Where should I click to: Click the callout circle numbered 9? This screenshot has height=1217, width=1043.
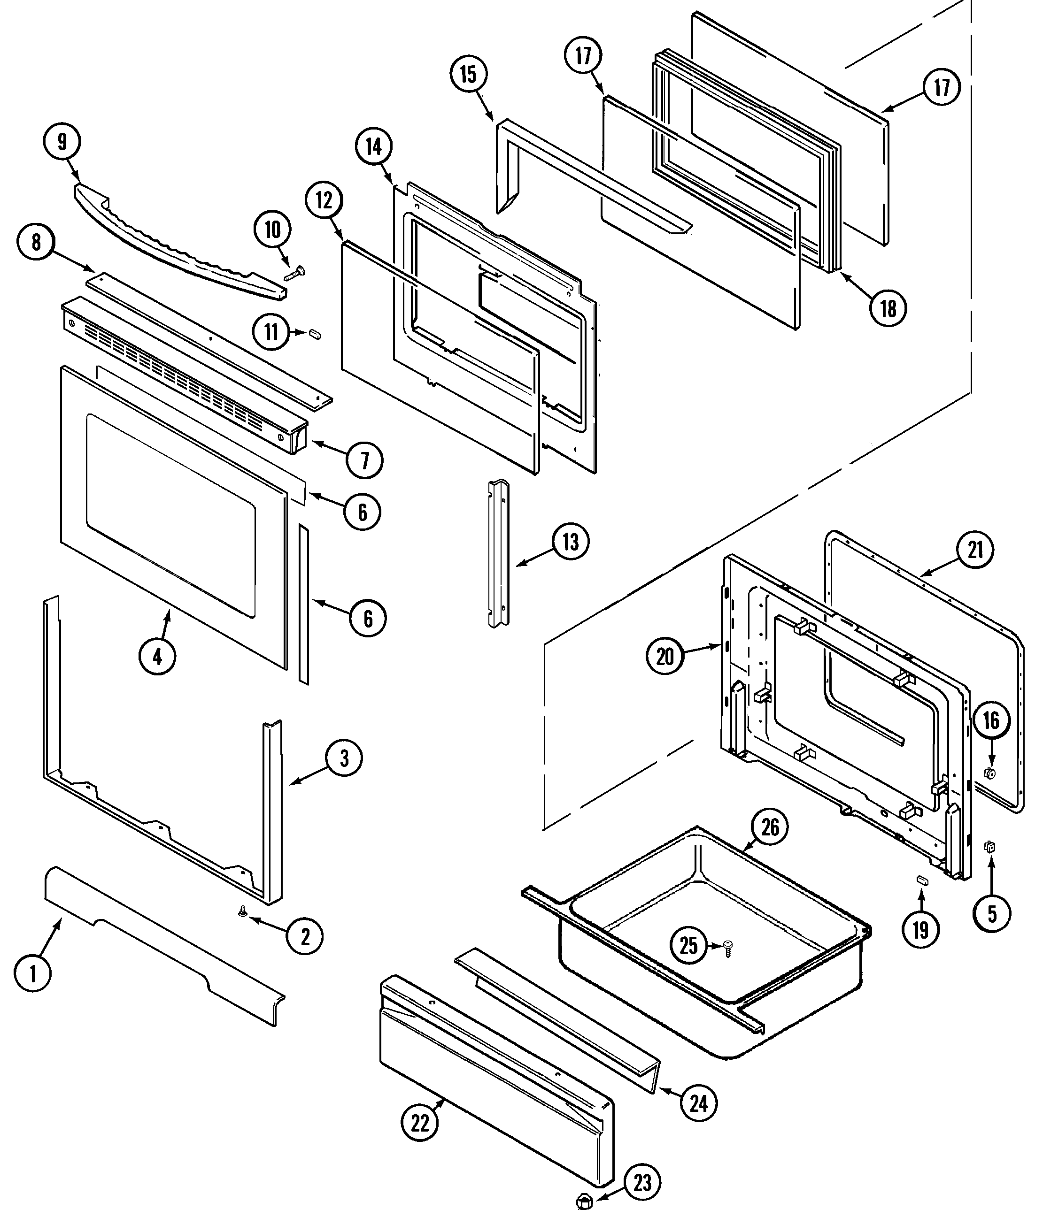tap(62, 142)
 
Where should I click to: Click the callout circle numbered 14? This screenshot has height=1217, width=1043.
tap(374, 147)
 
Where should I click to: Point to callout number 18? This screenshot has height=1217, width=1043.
tap(888, 308)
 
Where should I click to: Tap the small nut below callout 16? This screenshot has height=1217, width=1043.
tap(989, 773)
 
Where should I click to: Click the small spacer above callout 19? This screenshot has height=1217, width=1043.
tap(921, 896)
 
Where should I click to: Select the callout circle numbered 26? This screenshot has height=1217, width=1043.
tap(770, 827)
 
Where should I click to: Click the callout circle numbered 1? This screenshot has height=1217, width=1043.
tap(33, 974)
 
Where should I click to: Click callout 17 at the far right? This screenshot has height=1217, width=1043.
tap(942, 87)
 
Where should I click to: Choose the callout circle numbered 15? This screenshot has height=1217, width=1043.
tap(468, 75)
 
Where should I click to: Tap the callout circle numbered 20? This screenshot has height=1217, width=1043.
tap(664, 656)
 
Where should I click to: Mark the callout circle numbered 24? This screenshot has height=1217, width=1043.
tap(699, 1103)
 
